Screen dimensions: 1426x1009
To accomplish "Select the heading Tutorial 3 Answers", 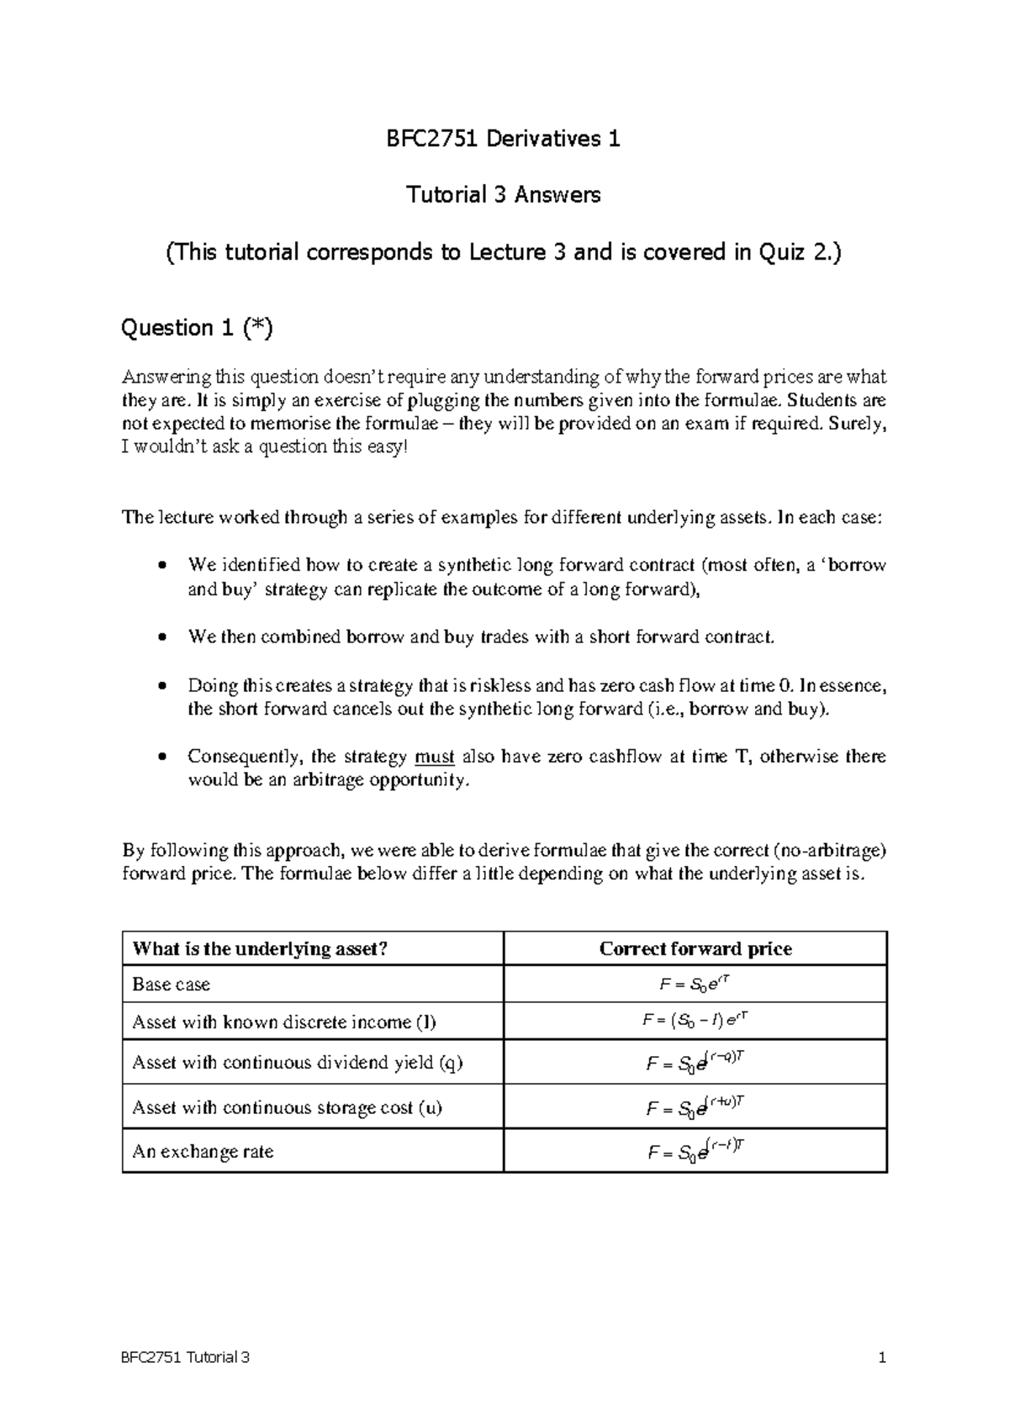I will tap(503, 195).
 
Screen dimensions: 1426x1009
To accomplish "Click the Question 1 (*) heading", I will tap(197, 328).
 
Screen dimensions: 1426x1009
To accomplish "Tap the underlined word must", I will tap(435, 757).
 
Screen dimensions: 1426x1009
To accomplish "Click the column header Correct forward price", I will tap(695, 949).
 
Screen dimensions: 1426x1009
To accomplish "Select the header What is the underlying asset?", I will tap(259, 949).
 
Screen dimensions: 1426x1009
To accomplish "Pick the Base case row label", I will tap(172, 985).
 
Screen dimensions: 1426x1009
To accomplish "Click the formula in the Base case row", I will tap(695, 984).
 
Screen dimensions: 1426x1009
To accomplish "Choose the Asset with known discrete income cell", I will tap(284, 1022).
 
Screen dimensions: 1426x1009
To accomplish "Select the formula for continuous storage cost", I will tap(695, 1107).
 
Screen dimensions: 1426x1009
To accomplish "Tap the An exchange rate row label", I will tap(203, 1152).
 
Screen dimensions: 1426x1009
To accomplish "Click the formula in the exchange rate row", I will tap(695, 1152).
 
